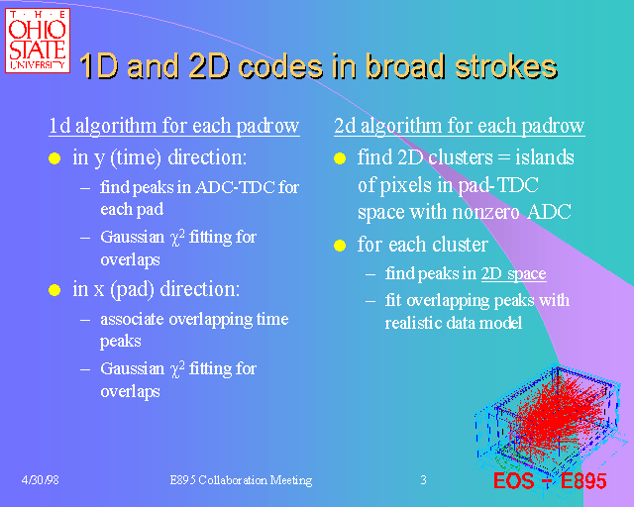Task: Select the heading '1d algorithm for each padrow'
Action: (x=173, y=126)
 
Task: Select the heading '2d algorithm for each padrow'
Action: (x=459, y=126)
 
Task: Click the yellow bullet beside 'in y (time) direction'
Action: (x=55, y=158)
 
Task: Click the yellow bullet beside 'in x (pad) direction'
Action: (x=55, y=291)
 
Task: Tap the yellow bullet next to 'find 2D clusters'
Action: (x=340, y=158)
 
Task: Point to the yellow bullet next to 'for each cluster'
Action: (x=340, y=245)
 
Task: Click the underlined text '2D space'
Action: (x=513, y=274)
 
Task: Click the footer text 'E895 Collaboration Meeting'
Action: (x=241, y=480)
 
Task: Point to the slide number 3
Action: (x=423, y=480)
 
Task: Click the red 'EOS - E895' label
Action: (x=550, y=482)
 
